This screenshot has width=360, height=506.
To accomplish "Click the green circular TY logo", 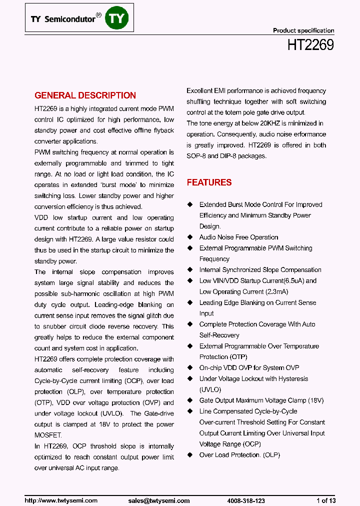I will tap(118, 18).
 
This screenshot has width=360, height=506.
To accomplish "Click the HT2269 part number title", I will tap(310, 45).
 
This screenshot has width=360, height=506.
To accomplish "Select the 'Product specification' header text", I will tap(303, 30).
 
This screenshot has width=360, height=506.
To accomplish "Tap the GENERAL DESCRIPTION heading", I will tap(85, 95).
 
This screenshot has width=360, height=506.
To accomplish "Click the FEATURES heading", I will tap(209, 182).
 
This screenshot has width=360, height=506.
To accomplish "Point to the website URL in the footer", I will tap(61, 500).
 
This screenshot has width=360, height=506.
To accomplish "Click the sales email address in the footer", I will tap(159, 500).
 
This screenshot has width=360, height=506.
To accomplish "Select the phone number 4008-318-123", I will tap(246, 500).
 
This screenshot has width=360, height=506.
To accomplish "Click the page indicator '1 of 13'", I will tap(326, 500).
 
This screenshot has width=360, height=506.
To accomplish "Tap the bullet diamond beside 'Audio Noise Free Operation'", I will tap(189, 237).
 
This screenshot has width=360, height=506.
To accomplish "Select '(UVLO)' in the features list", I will tap(210, 389).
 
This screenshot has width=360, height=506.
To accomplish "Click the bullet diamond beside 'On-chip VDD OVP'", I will tap(189, 368).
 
